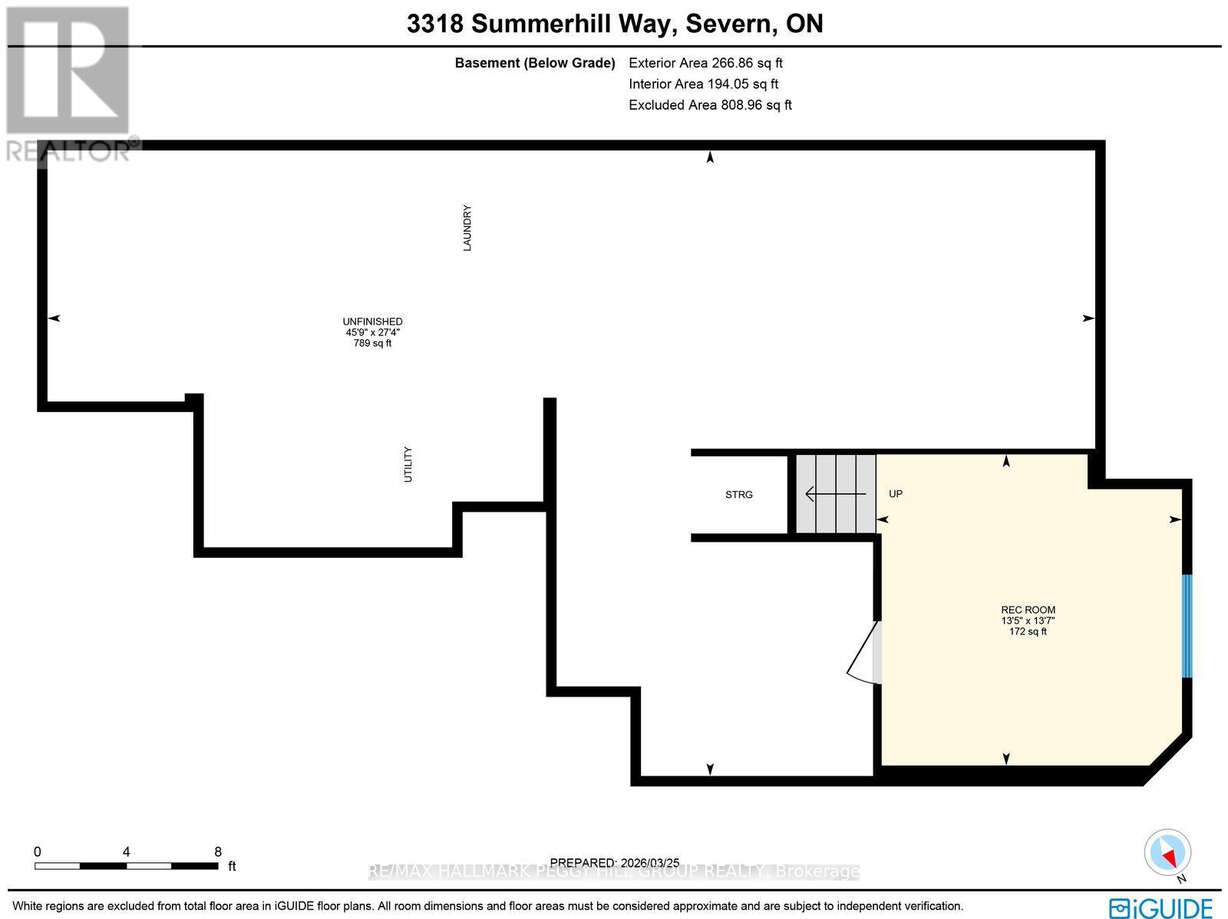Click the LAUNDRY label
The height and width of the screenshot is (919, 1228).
467,228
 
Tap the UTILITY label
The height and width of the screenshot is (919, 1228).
408,464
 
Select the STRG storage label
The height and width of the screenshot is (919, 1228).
739,495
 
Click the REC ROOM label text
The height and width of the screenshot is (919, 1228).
1028,611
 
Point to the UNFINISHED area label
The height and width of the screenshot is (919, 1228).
372,322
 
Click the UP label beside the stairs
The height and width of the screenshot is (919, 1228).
895,494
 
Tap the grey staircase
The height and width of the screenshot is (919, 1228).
835,494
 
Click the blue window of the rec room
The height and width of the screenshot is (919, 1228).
1187,626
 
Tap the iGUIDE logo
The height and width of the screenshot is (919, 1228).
1161,908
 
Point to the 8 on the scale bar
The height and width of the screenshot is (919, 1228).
218,851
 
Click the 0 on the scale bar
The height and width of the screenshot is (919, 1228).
37,851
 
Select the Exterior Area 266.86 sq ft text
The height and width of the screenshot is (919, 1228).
705,63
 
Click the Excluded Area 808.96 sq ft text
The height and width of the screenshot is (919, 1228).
710,105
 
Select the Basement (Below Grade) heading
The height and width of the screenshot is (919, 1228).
535,63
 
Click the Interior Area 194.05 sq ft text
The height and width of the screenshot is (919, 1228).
703,84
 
